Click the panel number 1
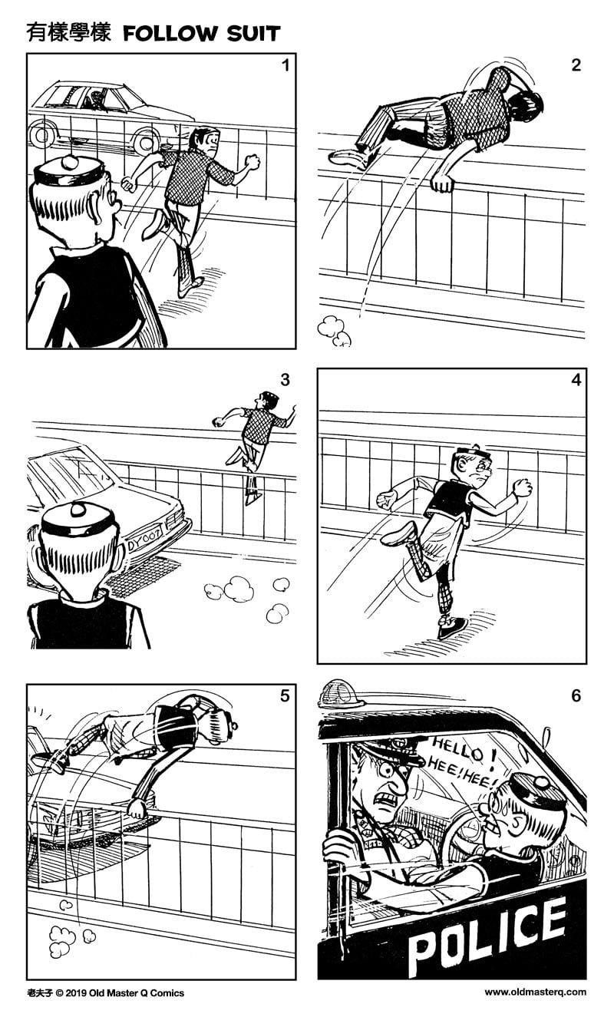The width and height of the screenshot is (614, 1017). coord(286,65)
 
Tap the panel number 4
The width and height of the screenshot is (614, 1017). coord(576,380)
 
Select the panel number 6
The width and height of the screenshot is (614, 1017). coord(576,696)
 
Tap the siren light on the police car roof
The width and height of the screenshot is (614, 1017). coord(342,693)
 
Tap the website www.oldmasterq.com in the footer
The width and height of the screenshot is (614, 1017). coord(535,992)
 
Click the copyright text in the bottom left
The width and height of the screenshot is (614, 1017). coord(105,992)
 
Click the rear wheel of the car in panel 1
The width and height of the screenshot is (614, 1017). coord(146,140)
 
